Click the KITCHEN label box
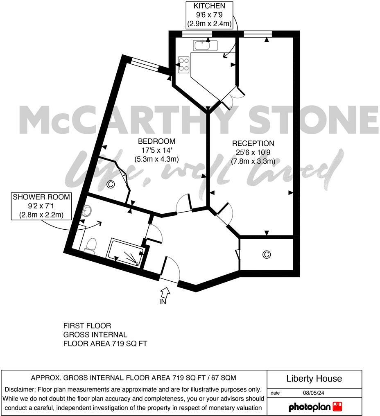pos(209,15)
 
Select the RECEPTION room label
pos(253,152)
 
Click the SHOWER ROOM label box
pos(41,206)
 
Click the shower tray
pos(125,254)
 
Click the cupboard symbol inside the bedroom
pos(110,185)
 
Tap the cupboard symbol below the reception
pos(266,255)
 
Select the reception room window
pos(258,34)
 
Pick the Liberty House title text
pos(314,379)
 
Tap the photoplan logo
pos(315,407)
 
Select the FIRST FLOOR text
pos(87,326)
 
